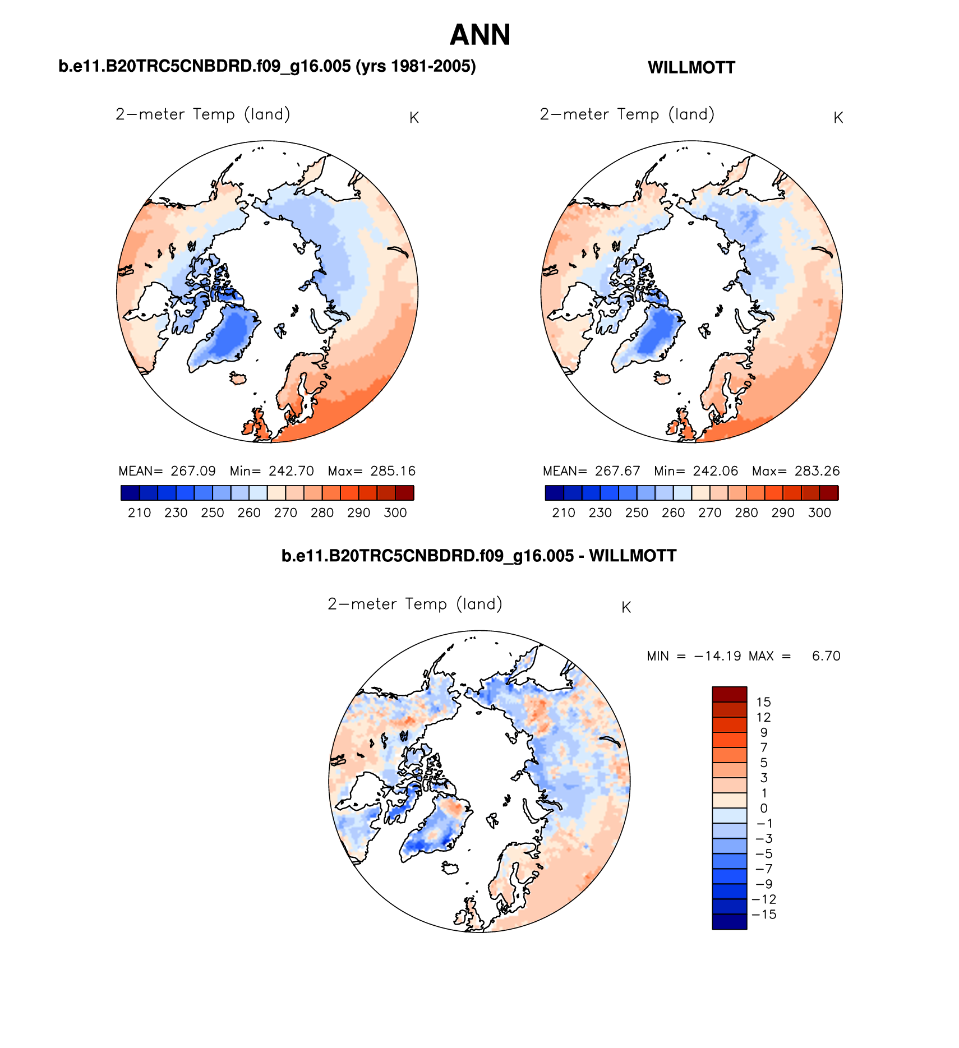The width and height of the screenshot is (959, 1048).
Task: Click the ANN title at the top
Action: point(480,35)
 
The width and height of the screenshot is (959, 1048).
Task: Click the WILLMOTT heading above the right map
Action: point(691,68)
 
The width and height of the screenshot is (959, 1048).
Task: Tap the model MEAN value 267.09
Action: point(193,471)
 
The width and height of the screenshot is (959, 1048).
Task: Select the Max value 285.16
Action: point(393,471)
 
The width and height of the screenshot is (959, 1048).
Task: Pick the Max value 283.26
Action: point(817,471)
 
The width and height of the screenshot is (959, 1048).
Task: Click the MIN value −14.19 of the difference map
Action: point(717,656)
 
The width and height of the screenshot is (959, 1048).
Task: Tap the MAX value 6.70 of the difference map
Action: point(826,656)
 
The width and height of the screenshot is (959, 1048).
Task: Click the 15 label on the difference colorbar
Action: point(763,702)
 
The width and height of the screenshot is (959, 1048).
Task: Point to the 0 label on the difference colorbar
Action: point(763,809)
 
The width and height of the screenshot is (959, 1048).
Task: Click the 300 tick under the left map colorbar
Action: point(395,513)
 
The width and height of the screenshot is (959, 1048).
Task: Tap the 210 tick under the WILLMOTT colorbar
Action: point(563,513)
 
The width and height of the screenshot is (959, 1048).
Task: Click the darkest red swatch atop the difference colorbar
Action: point(729,694)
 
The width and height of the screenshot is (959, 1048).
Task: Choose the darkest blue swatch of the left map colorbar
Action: point(130,493)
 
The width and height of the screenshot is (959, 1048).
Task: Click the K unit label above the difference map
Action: point(626,608)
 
